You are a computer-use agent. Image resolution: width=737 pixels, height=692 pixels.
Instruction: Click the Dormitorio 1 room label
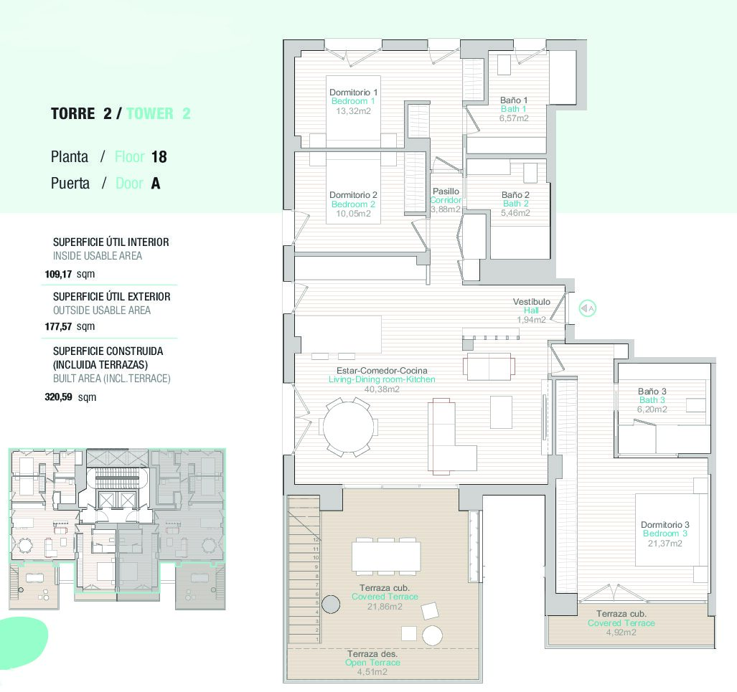pyautogui.click(x=354, y=92)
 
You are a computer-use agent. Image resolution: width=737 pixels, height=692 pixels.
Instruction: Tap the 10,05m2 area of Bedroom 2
pyautogui.click(x=354, y=213)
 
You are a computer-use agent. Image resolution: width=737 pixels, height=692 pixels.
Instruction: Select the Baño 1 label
pyautogui.click(x=514, y=100)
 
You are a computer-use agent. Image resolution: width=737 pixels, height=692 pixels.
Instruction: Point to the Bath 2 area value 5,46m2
pyautogui.click(x=516, y=212)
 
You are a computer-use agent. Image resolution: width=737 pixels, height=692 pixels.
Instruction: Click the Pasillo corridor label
pyautogui.click(x=446, y=191)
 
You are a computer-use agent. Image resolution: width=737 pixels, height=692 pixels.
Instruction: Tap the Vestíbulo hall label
pyautogui.click(x=532, y=302)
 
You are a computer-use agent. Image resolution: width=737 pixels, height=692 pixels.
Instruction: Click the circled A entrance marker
pyautogui.click(x=587, y=308)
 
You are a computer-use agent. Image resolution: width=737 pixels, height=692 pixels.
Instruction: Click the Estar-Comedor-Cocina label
pyautogui.click(x=382, y=370)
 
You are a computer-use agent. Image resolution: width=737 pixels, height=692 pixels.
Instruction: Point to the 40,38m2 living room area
pyautogui.click(x=382, y=389)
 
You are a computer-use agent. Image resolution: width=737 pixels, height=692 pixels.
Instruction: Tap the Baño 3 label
pyautogui.click(x=652, y=391)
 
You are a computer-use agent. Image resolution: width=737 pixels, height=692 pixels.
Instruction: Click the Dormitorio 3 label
pyautogui.click(x=665, y=524)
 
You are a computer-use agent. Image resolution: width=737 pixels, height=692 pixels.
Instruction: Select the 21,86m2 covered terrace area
pyautogui.click(x=385, y=606)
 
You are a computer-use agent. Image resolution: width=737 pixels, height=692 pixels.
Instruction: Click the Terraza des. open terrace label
pyautogui.click(x=372, y=653)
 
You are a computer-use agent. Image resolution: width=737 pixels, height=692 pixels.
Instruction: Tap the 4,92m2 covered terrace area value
pyautogui.click(x=621, y=632)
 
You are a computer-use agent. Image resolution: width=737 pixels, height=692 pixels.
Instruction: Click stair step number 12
pyautogui.click(x=316, y=540)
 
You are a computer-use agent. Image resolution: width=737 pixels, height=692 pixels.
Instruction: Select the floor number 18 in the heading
pyautogui.click(x=159, y=157)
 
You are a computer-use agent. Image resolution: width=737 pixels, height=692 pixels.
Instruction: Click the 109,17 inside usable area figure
pyautogui.click(x=58, y=274)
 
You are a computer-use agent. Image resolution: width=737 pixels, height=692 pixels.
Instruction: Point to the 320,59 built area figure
pyautogui.click(x=58, y=397)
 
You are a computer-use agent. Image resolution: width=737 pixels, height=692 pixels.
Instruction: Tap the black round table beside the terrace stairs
pyautogui.click(x=331, y=604)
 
